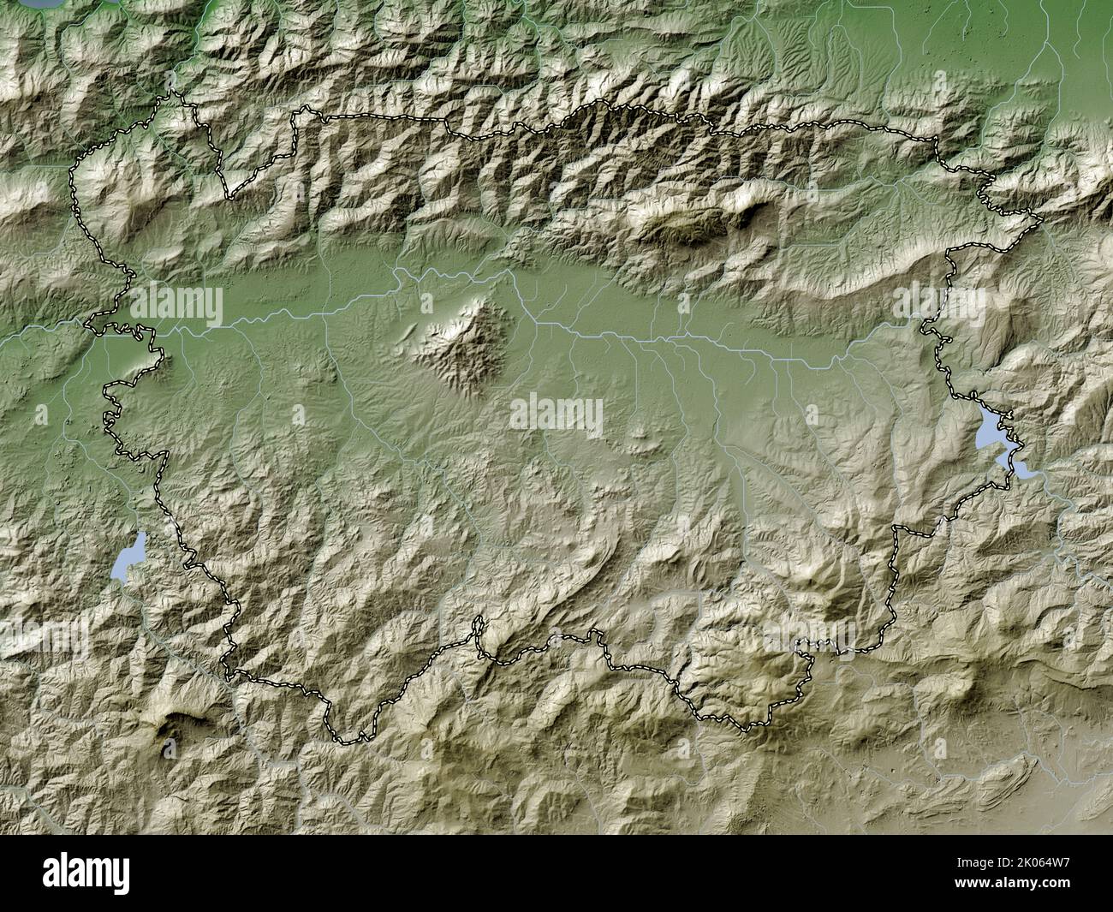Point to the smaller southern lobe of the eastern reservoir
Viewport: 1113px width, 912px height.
coord(1021,468)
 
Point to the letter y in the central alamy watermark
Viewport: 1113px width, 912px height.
coord(592,420)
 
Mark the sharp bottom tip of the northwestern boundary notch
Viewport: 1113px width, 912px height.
coord(229,198)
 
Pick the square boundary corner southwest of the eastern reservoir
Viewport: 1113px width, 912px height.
coord(896,529)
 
